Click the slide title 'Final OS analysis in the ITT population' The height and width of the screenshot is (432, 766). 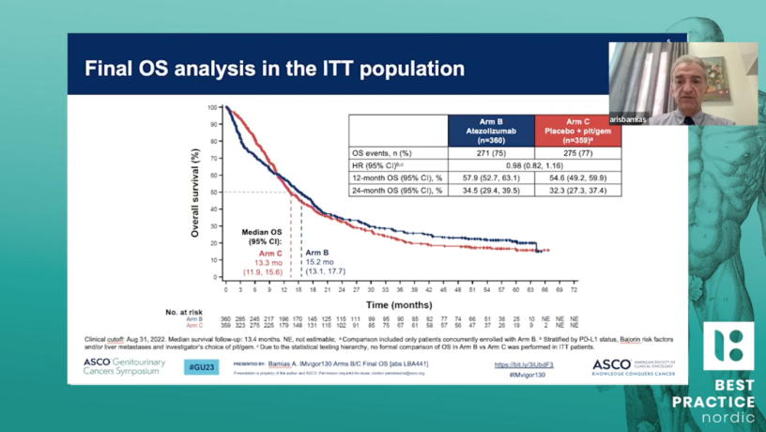274,69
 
